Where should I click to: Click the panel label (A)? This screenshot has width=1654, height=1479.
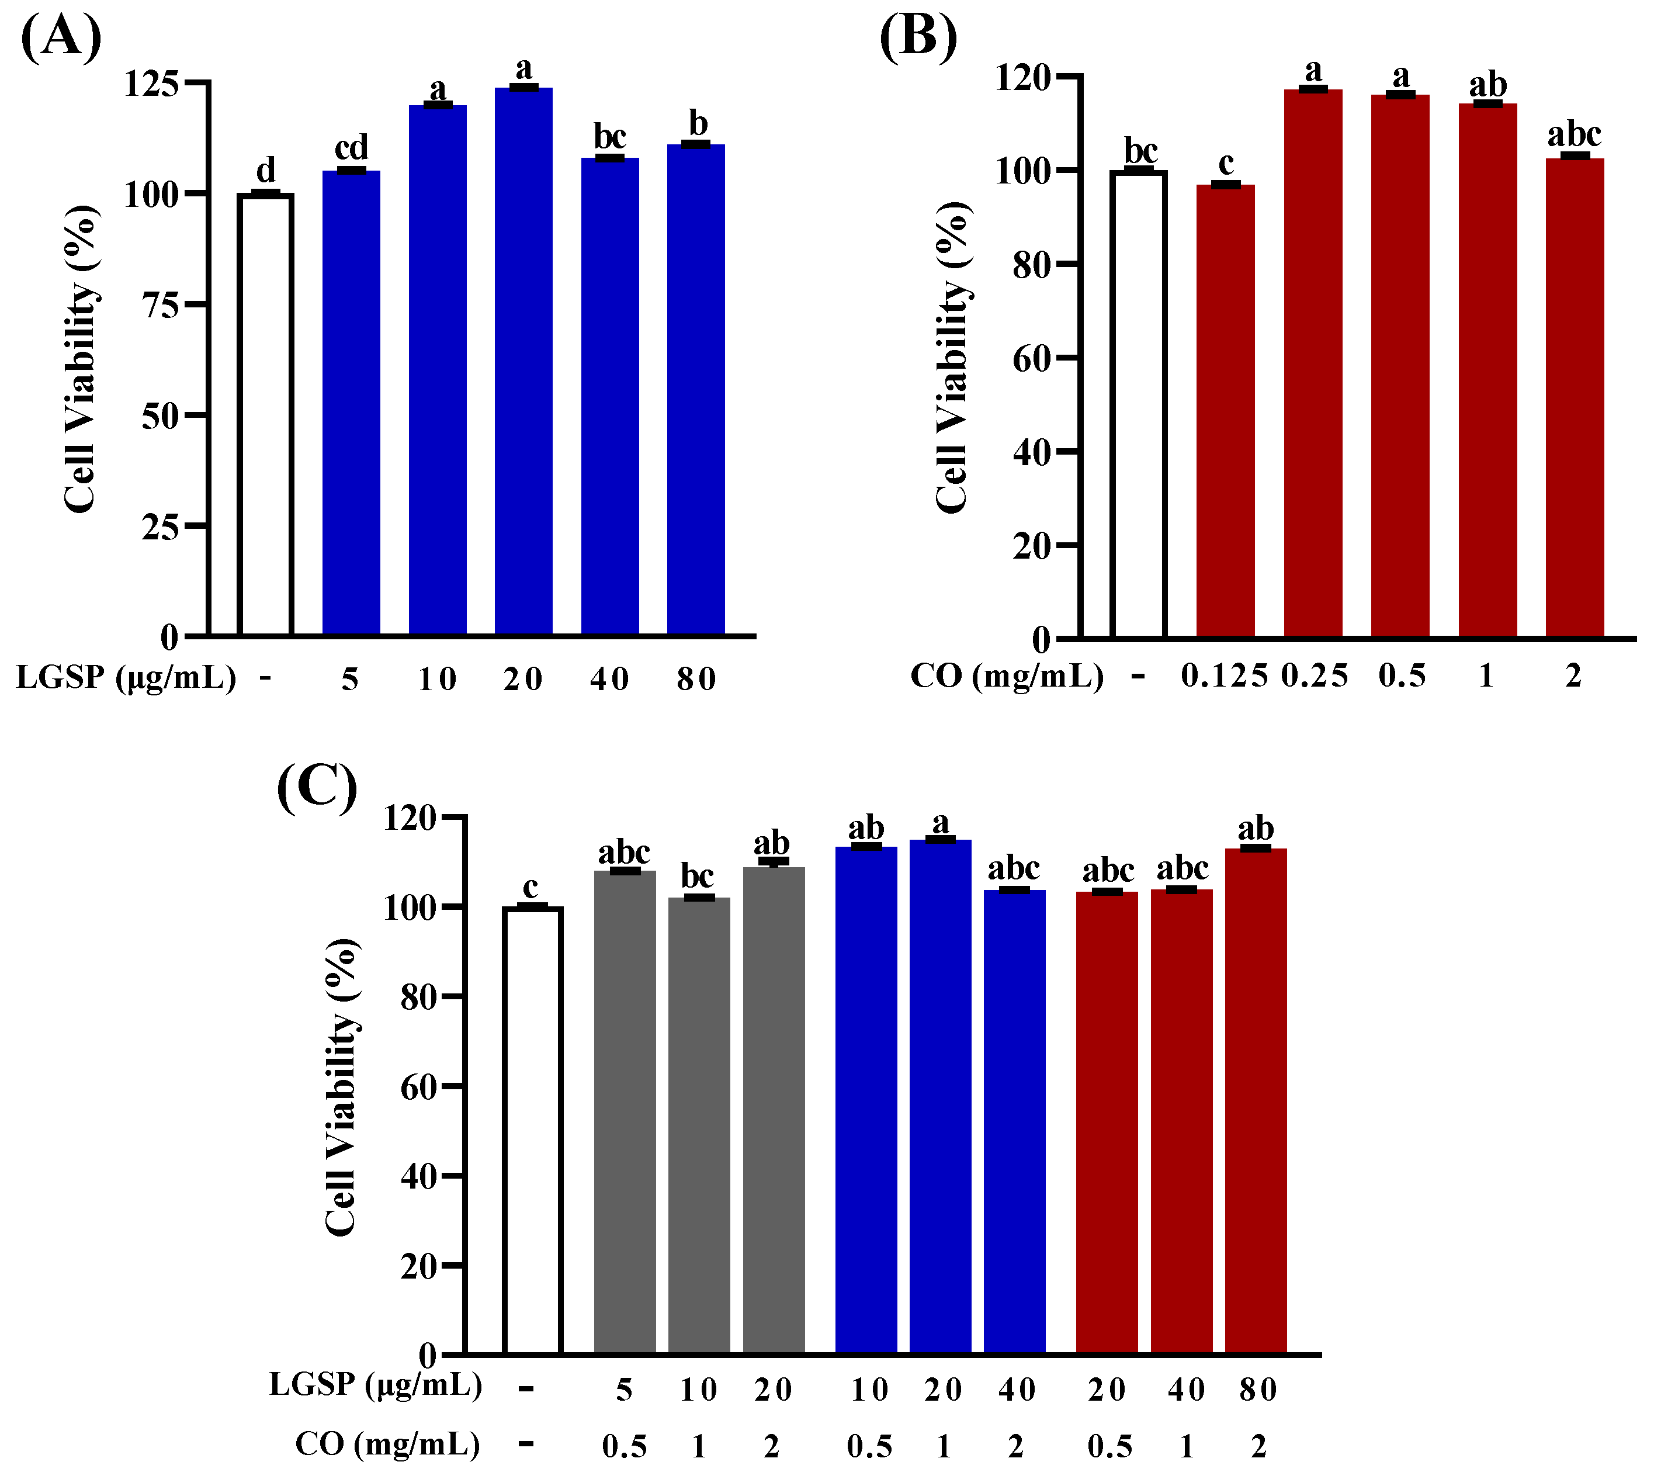pyautogui.click(x=61, y=37)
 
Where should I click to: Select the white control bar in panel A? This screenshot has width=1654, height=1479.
pyautogui.click(x=265, y=414)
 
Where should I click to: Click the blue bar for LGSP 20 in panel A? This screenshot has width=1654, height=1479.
pyautogui.click(x=523, y=362)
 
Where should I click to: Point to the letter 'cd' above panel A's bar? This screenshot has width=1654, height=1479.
pyautogui.click(x=351, y=148)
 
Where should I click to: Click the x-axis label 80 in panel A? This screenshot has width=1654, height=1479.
pyautogui.click(x=696, y=678)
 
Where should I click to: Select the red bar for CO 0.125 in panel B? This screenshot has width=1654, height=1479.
pyautogui.click(x=1225, y=410)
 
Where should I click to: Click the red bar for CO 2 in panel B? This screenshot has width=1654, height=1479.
pyautogui.click(x=1575, y=398)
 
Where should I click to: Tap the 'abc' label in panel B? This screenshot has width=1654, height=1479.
pyautogui.click(x=1573, y=134)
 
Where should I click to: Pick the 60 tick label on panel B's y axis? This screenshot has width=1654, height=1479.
pyautogui.click(x=1032, y=358)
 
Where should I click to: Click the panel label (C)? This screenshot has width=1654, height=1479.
pyautogui.click(x=317, y=786)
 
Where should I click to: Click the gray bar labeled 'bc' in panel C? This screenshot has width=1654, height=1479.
pyautogui.click(x=699, y=1125)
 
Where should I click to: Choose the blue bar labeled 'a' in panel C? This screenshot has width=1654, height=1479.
pyautogui.click(x=940, y=1097)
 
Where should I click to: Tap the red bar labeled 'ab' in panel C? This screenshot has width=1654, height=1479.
pyautogui.click(x=1255, y=1101)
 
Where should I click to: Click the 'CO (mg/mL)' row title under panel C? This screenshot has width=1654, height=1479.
pyautogui.click(x=387, y=1444)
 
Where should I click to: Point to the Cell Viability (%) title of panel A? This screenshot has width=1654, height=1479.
pyautogui.click(x=81, y=358)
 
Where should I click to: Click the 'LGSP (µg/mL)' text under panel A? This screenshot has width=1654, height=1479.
pyautogui.click(x=126, y=677)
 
